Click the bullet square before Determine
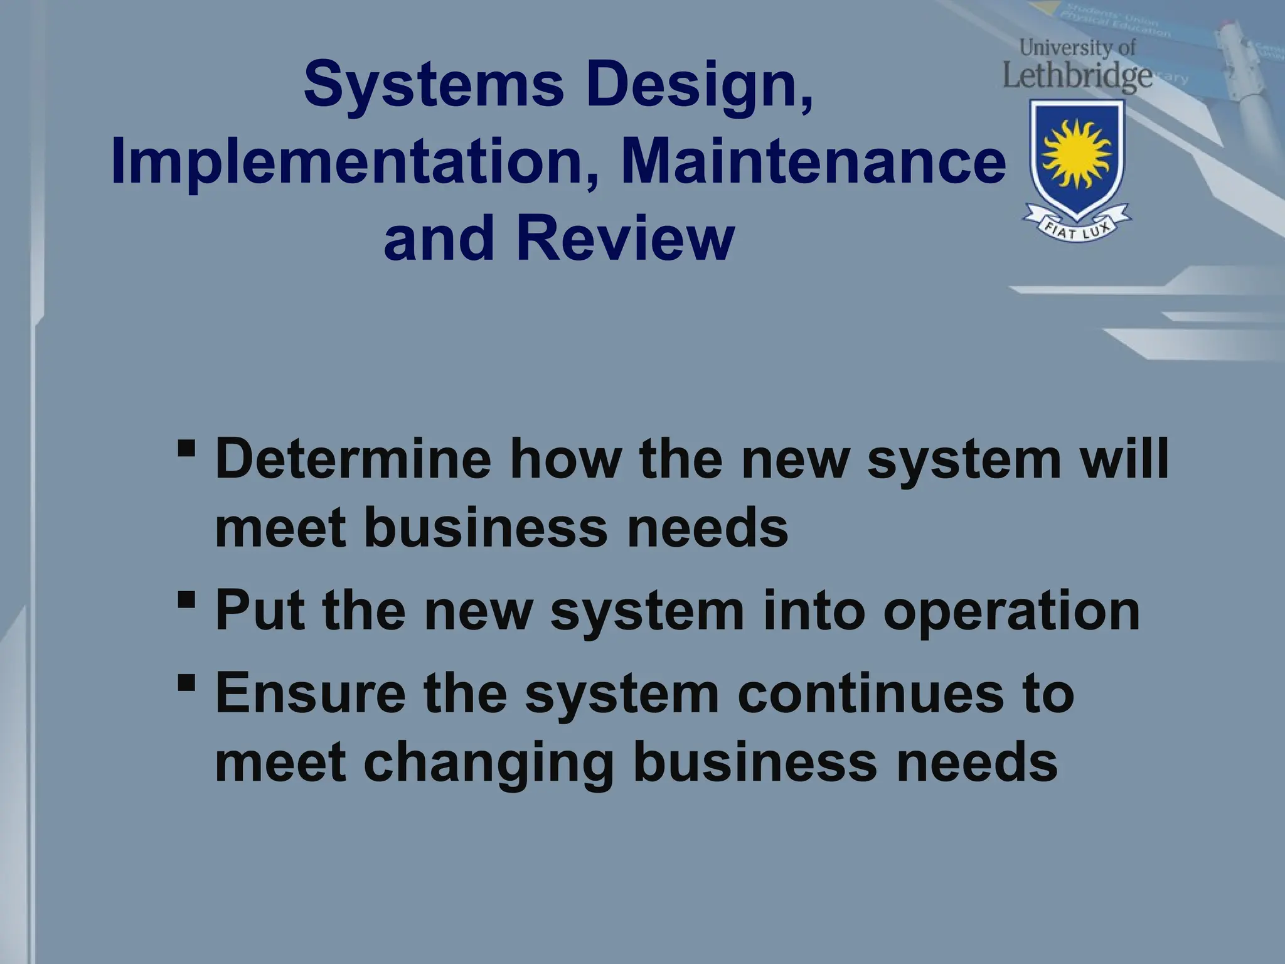coord(186,449)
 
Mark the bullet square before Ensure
coord(186,682)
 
